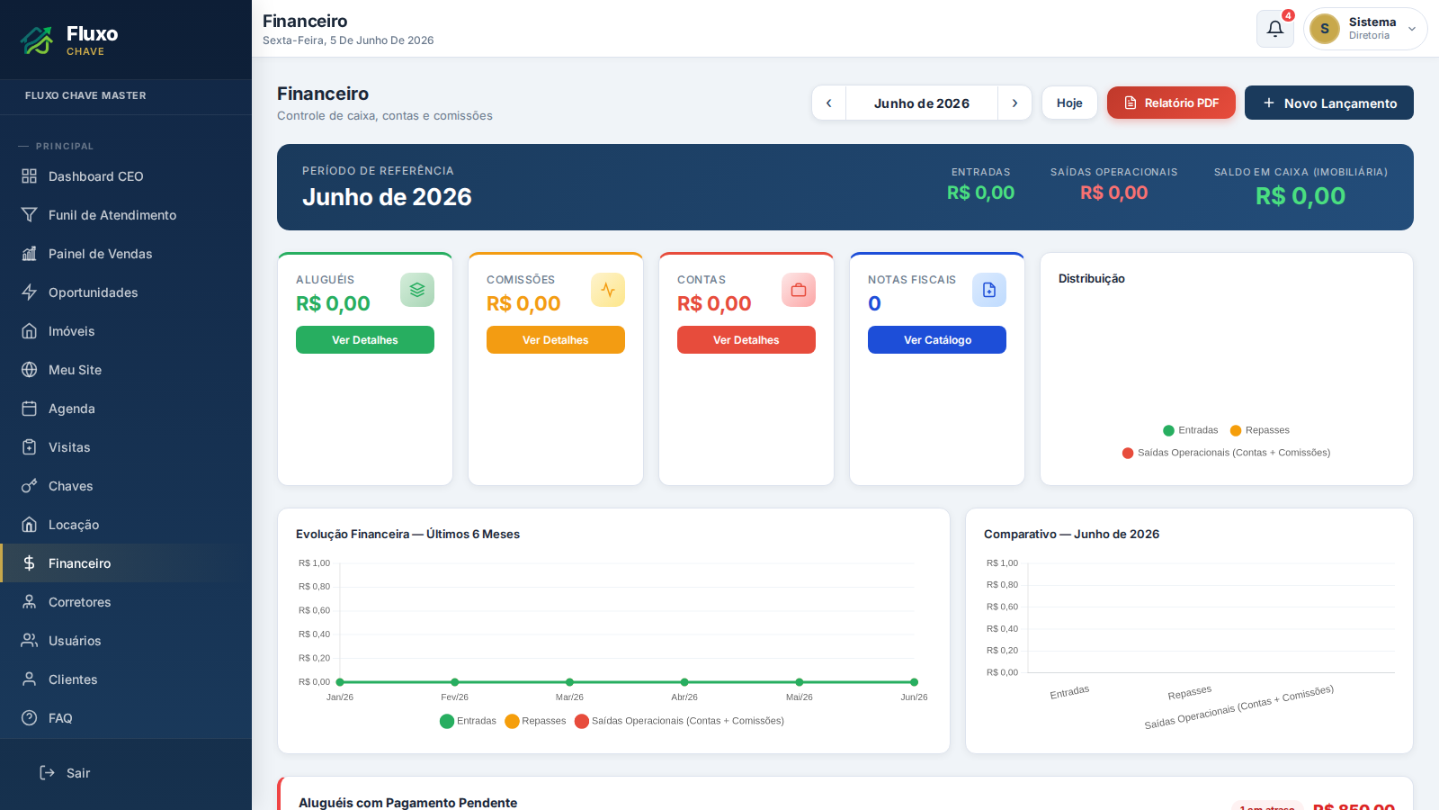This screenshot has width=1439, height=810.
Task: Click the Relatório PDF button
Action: click(x=1170, y=103)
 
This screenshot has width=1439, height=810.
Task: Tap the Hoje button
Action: click(x=1069, y=103)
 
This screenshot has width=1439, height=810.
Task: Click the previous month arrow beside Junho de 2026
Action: click(x=828, y=103)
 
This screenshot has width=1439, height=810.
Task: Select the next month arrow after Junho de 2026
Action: click(x=1014, y=103)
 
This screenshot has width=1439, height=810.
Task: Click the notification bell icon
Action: click(x=1274, y=28)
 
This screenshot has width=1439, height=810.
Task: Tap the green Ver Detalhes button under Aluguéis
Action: click(x=365, y=339)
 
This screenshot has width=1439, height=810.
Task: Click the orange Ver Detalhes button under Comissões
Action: click(x=555, y=339)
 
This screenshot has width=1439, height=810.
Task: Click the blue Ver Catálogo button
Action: click(x=936, y=339)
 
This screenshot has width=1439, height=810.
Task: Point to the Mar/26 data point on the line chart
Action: click(x=569, y=682)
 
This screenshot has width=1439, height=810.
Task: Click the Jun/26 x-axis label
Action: click(x=914, y=697)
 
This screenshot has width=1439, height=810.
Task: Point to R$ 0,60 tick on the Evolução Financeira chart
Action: click(x=314, y=610)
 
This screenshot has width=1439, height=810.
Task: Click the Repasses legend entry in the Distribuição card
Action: click(x=1259, y=430)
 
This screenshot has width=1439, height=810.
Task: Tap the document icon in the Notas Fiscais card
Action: click(x=988, y=290)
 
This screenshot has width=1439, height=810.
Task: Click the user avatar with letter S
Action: click(x=1324, y=28)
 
